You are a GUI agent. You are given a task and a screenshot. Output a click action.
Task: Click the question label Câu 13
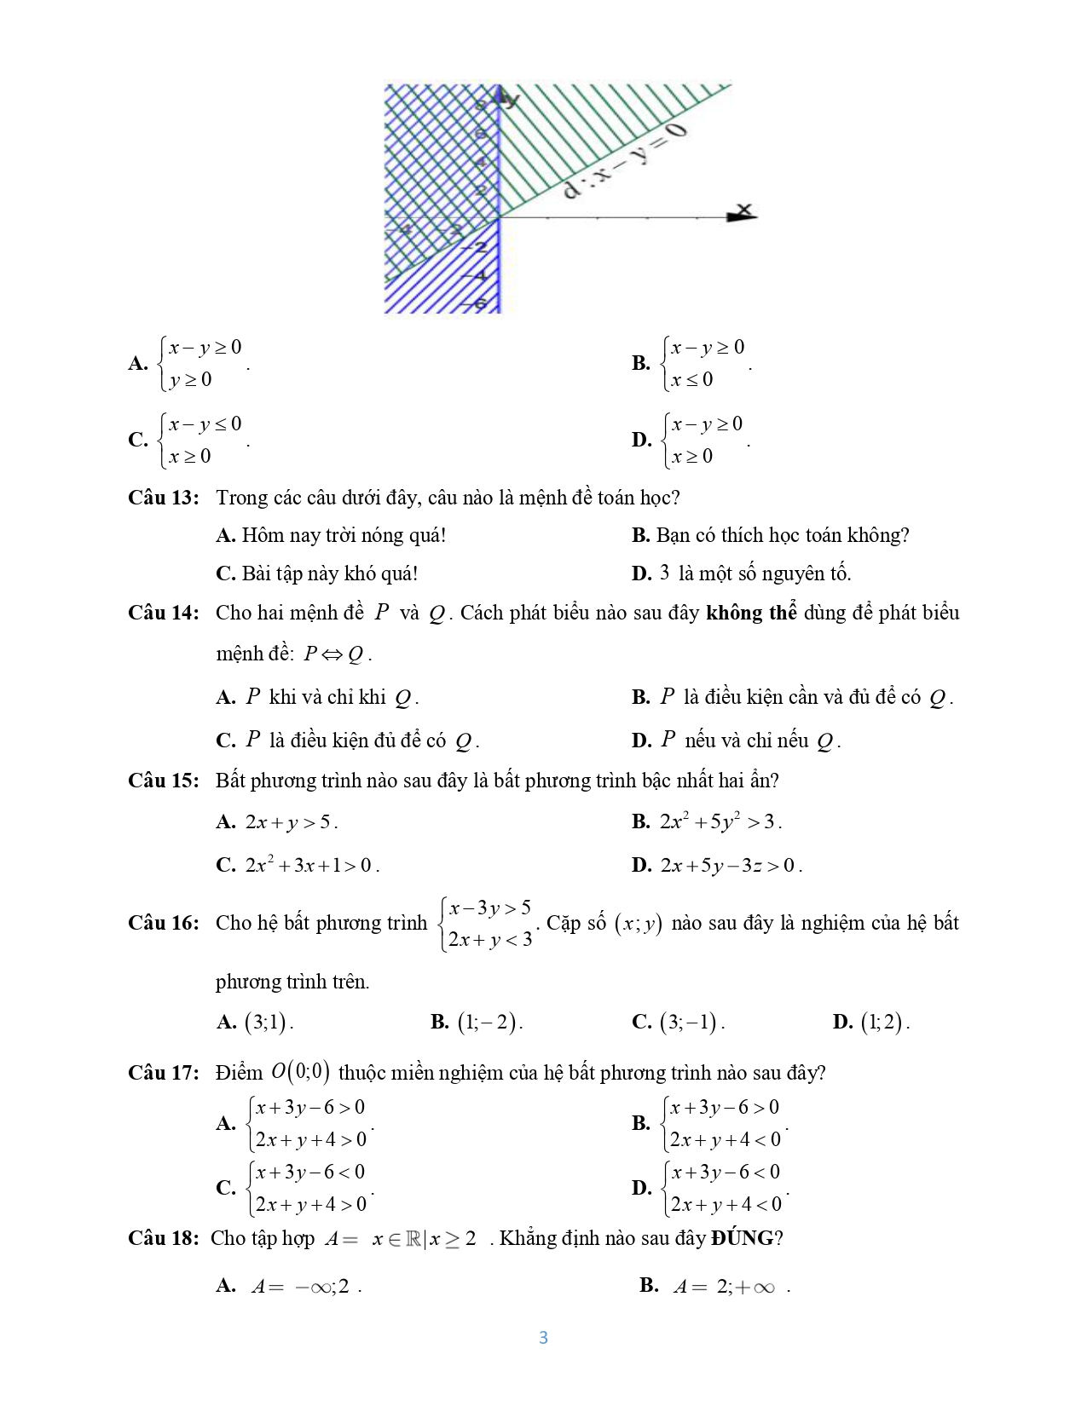click(163, 498)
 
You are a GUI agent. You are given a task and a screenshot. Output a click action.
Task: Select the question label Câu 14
click(163, 613)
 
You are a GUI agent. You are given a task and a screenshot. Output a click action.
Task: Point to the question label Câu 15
click(163, 781)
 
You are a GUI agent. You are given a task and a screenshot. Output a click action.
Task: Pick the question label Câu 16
click(163, 923)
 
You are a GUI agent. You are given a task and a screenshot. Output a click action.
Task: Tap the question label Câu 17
click(163, 1073)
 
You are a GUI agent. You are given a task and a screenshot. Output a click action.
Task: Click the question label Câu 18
click(163, 1238)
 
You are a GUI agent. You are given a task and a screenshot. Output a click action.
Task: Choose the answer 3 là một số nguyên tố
click(755, 573)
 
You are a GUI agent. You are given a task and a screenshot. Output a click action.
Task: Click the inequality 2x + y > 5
click(291, 822)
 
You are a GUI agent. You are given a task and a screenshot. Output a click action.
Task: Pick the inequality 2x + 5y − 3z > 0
click(731, 866)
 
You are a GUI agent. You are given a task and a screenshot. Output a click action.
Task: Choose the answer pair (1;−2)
click(489, 1022)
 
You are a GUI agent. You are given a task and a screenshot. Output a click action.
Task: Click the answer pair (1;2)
click(884, 1022)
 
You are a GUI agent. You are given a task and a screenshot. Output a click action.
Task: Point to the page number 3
click(543, 1338)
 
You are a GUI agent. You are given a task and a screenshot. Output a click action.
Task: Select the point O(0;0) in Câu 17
click(300, 1072)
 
